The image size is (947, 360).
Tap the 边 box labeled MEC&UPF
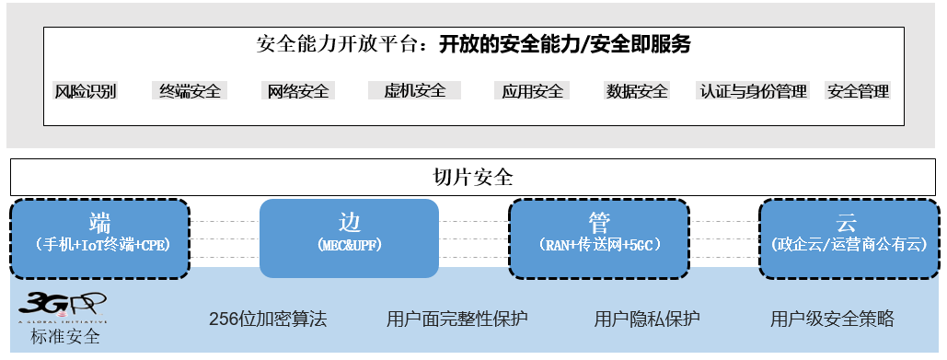(x=350, y=238)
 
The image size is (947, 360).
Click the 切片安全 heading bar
(x=473, y=176)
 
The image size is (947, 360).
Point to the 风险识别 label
(x=86, y=91)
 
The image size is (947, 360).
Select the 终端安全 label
(x=190, y=91)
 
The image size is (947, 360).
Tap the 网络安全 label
(x=297, y=91)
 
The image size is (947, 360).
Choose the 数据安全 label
(x=637, y=91)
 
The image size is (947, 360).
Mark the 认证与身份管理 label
(x=754, y=91)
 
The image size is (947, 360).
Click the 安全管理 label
(x=858, y=91)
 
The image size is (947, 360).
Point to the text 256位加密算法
(x=268, y=319)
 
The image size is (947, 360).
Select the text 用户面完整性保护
(x=457, y=319)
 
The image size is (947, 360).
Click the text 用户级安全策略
(x=832, y=319)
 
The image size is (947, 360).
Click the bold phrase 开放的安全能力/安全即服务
(x=564, y=44)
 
